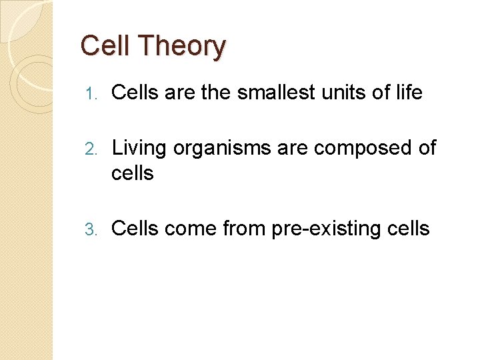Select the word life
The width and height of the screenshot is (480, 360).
coord(407,93)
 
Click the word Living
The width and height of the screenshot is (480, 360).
coord(139,148)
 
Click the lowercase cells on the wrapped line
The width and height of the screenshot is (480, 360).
coord(132,173)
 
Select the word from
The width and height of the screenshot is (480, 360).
coord(244,229)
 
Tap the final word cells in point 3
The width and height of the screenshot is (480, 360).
coord(408,229)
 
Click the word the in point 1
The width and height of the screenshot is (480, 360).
coord(215,93)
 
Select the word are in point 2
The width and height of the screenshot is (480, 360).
coord(294,149)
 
